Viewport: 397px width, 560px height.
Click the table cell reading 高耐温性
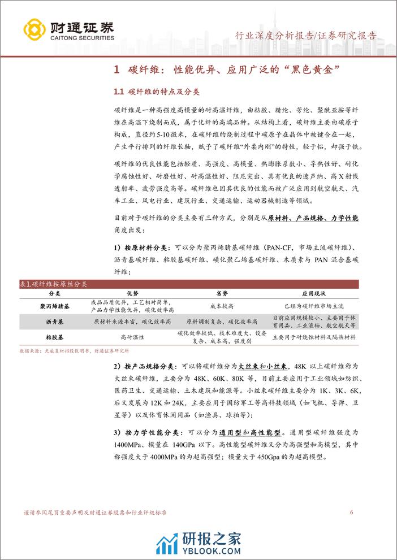point(132,337)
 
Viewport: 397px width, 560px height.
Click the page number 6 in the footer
point(352,513)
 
